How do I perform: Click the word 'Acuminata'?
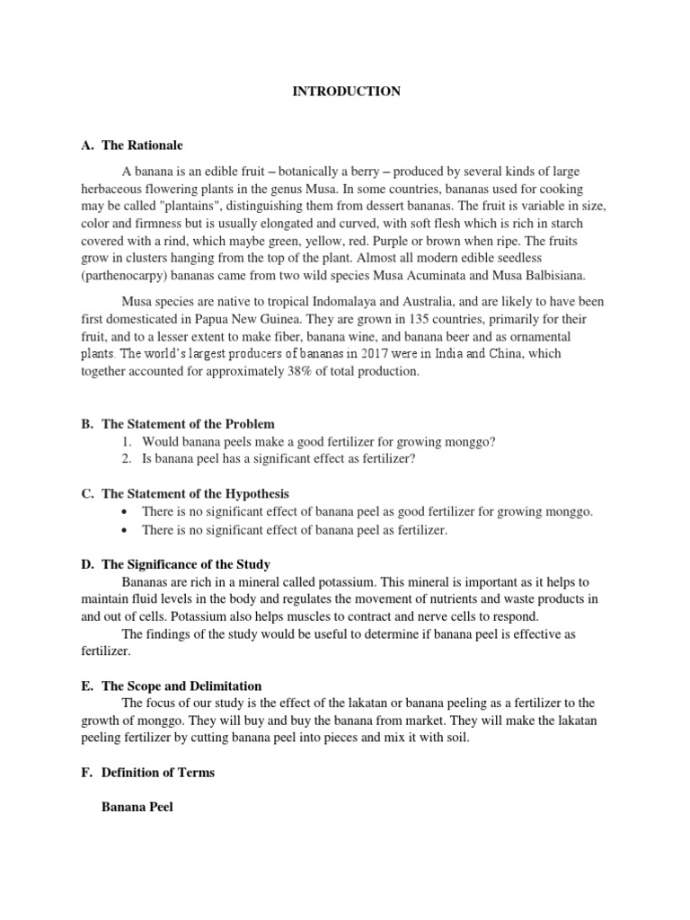point(448,275)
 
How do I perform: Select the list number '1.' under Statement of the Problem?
point(127,441)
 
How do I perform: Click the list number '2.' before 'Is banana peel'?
point(127,459)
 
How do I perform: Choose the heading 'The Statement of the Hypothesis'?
point(195,494)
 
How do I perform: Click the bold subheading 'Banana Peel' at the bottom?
point(137,808)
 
